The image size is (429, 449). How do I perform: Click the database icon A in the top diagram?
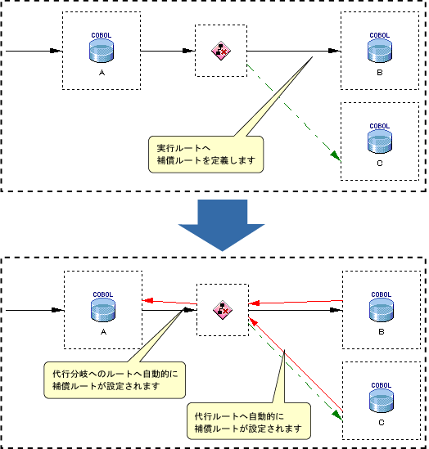[x=102, y=51]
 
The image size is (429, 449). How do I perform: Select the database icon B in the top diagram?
[x=380, y=51]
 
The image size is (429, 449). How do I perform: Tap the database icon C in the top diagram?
[x=380, y=141]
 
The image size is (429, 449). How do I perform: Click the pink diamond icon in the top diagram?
[x=221, y=51]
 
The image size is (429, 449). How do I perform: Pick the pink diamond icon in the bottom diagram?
[x=223, y=310]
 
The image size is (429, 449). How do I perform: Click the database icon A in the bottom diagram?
[x=103, y=310]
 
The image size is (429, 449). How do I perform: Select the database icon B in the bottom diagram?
[x=382, y=310]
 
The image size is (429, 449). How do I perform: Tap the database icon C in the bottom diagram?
[x=382, y=401]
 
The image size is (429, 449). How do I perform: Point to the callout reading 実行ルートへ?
[x=205, y=155]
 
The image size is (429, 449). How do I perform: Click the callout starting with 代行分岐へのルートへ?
[x=115, y=380]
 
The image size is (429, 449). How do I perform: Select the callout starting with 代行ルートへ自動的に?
[x=249, y=421]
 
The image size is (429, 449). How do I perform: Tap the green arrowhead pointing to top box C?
[x=336, y=156]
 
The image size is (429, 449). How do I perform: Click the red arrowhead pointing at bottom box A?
[x=147, y=301]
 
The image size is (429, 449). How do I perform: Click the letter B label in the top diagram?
[x=380, y=73]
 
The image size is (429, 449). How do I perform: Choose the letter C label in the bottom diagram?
[x=382, y=422]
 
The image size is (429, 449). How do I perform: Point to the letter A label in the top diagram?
[x=102, y=73]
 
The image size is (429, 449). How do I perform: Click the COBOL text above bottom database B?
[x=382, y=294]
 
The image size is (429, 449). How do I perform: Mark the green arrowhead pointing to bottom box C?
[x=337, y=415]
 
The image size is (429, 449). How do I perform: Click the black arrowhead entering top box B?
[x=334, y=51]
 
